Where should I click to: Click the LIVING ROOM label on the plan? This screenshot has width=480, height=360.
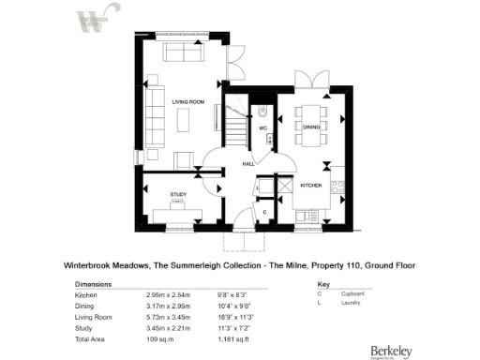click(x=187, y=101)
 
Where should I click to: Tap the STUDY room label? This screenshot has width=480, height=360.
click(x=177, y=195)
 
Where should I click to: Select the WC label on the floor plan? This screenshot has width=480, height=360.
click(x=263, y=127)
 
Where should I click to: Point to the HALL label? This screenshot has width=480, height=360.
click(x=248, y=163)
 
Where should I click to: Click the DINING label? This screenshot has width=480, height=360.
click(x=311, y=127)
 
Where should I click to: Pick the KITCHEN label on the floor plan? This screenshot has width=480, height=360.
click(x=311, y=186)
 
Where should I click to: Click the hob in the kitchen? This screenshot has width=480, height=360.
click(x=339, y=187)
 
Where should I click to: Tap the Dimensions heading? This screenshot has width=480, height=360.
click(x=93, y=283)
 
